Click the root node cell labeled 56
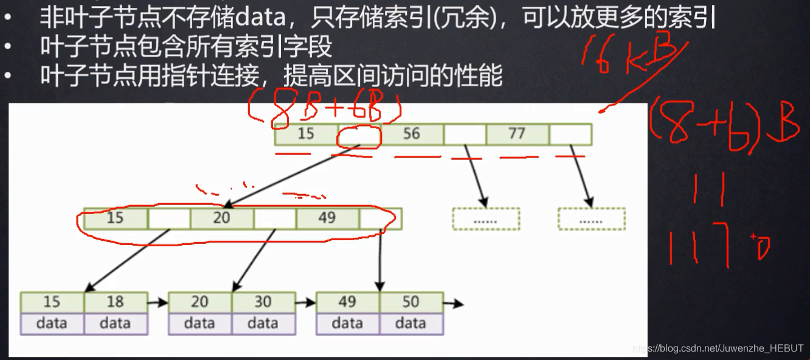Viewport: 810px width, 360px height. click(412, 134)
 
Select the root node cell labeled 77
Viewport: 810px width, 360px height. click(517, 134)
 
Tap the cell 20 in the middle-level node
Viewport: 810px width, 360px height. click(221, 218)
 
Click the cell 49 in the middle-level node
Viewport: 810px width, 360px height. click(327, 218)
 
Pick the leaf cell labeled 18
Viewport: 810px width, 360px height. click(116, 302)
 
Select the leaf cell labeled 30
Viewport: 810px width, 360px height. click(263, 302)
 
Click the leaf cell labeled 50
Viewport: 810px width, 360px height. click(411, 302)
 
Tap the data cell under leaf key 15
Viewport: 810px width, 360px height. click(52, 323)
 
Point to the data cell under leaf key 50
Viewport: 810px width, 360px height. click(411, 323)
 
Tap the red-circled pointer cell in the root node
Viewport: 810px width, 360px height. click(359, 134)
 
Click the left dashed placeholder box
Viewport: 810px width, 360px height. click(486, 220)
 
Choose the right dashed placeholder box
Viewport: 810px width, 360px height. click(592, 220)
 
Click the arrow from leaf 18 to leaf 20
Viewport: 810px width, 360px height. click(157, 302)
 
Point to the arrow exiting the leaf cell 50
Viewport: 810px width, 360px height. click(453, 302)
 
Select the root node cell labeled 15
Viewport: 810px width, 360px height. click(306, 134)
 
